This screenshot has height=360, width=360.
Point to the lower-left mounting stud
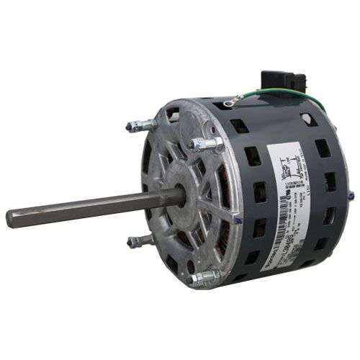click(141, 240)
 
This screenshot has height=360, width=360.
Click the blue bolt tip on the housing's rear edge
click(351, 195)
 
